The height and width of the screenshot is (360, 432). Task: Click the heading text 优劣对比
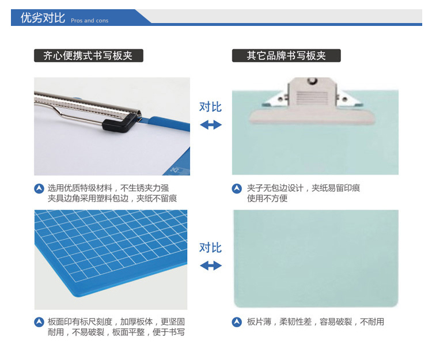pyautogui.click(x=43, y=18)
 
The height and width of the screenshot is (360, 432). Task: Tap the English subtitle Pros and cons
pyautogui.click(x=89, y=21)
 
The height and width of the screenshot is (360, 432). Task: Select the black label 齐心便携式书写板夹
pyautogui.click(x=89, y=56)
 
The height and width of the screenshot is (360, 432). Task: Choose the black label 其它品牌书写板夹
pyautogui.click(x=286, y=56)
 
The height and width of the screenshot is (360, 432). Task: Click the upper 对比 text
pyautogui.click(x=210, y=107)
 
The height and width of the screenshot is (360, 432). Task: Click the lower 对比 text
pyautogui.click(x=210, y=248)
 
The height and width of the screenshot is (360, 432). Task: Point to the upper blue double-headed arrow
pyautogui.click(x=211, y=125)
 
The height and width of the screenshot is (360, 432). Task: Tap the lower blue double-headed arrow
pyautogui.click(x=211, y=266)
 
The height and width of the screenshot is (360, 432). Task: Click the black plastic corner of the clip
pyautogui.click(x=119, y=124)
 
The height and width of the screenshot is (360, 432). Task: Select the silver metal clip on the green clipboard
pyautogui.click(x=312, y=101)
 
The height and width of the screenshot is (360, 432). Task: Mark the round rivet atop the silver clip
pyautogui.click(x=312, y=80)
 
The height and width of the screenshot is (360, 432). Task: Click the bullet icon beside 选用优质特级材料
pyautogui.click(x=39, y=189)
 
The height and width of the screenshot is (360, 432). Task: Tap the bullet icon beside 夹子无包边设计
pyautogui.click(x=237, y=189)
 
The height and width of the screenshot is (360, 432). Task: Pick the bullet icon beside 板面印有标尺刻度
pyautogui.click(x=39, y=322)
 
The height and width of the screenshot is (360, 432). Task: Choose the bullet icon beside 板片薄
pyautogui.click(x=237, y=322)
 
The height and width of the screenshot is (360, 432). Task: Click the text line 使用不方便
pyautogui.click(x=267, y=198)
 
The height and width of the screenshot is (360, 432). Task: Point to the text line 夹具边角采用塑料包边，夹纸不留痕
pyautogui.click(x=112, y=198)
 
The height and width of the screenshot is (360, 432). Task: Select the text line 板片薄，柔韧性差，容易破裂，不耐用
pyautogui.click(x=316, y=322)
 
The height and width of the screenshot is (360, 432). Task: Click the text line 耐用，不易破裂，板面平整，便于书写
pyautogui.click(x=116, y=332)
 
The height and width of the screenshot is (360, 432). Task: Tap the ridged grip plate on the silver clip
pyautogui.click(x=312, y=97)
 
